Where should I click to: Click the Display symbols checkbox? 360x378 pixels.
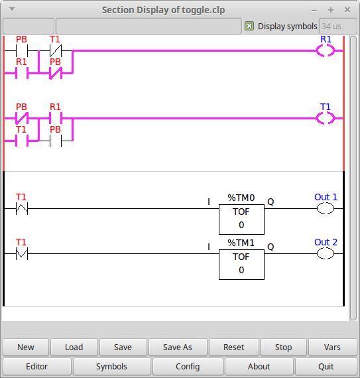249,26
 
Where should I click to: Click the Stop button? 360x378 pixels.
283,347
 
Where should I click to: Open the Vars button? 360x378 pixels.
332,347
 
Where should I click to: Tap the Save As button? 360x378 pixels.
178,347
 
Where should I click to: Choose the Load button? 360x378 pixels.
74,347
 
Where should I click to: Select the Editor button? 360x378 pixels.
37,367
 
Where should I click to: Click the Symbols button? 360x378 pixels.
111,367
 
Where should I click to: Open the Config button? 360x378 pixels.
188,367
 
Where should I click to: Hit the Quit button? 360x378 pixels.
326,367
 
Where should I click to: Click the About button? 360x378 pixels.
259,367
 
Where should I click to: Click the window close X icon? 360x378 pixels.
347,10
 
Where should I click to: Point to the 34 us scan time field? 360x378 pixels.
338,26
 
